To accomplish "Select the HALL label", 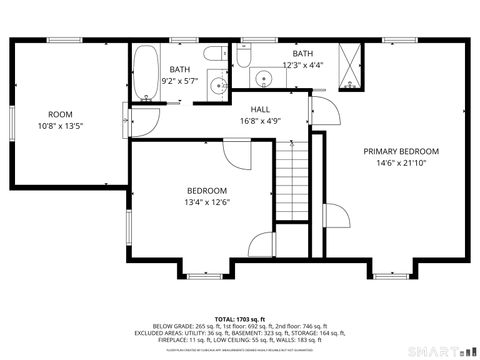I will [260, 110].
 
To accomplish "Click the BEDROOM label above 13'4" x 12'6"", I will [207, 191].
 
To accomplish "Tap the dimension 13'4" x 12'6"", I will [207, 203].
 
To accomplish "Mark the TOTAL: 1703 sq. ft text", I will [240, 318].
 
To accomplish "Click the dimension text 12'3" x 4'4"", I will [302, 65].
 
